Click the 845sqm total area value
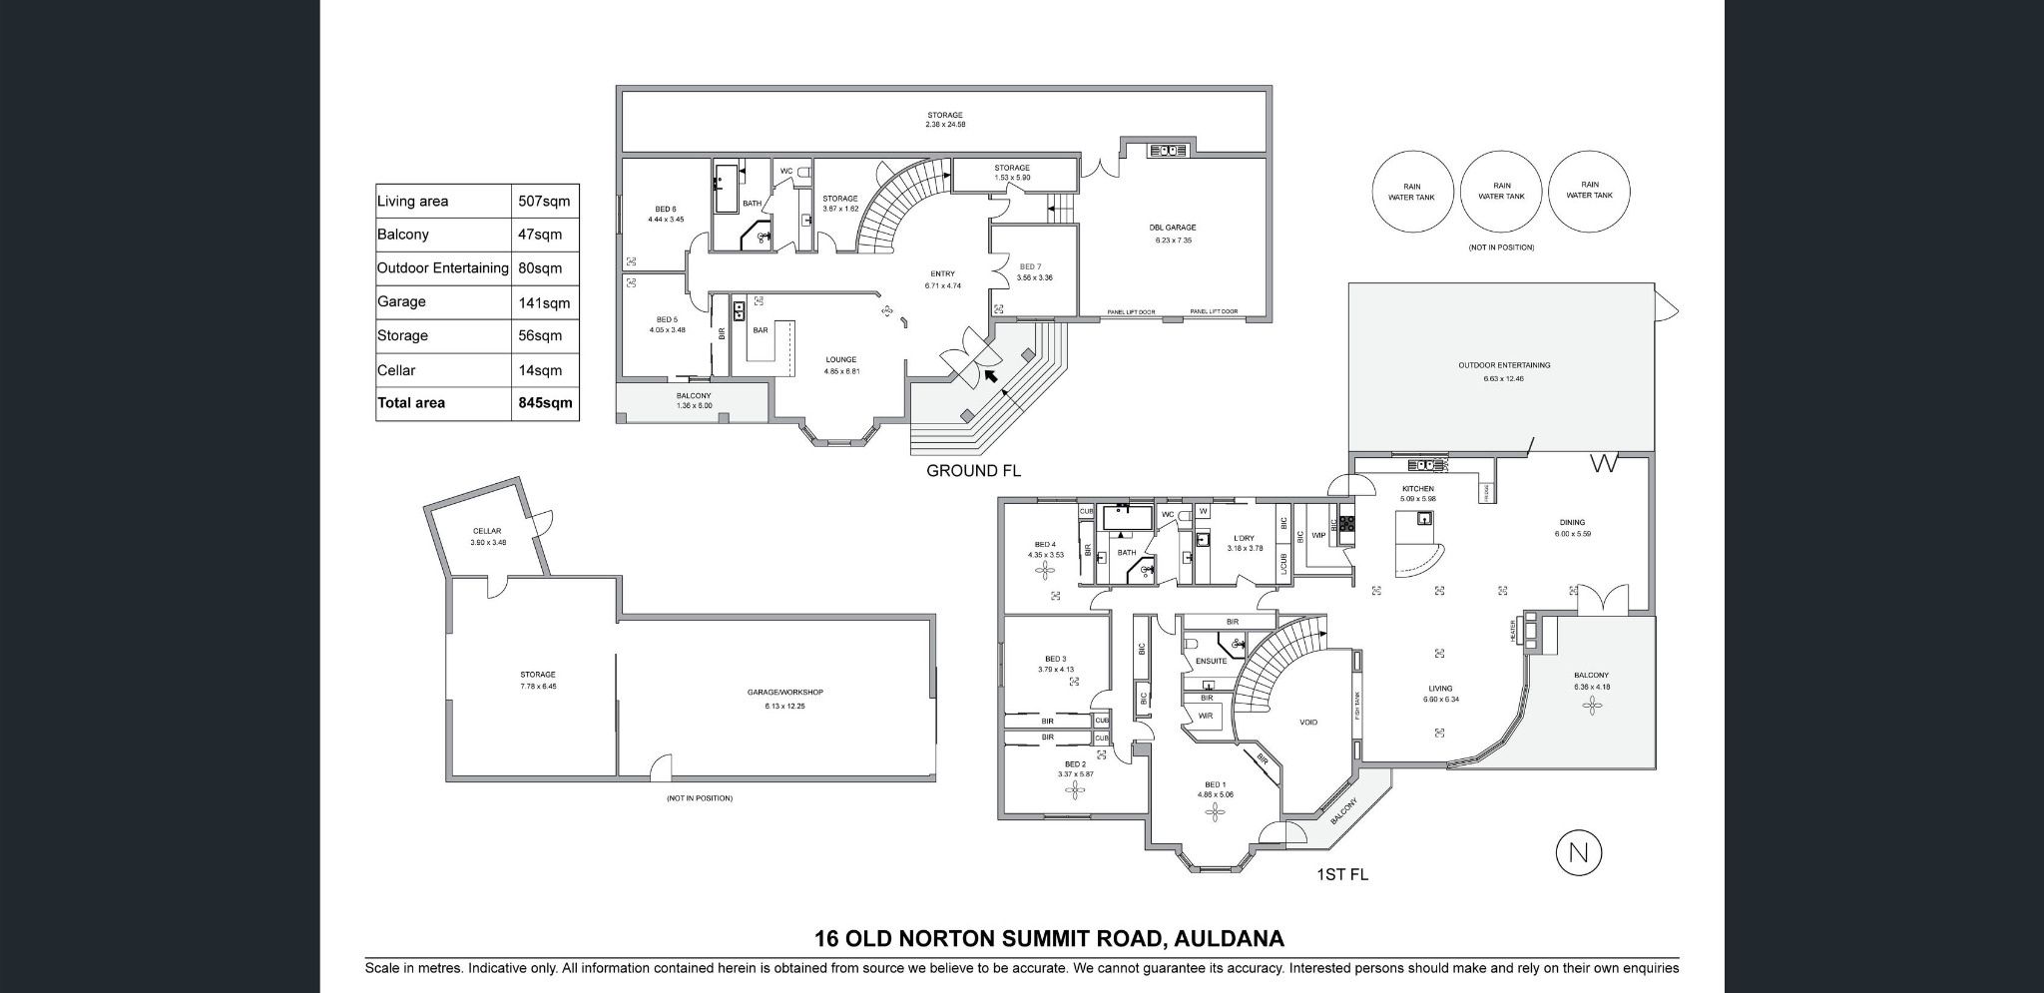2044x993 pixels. click(545, 403)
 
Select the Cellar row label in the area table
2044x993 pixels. click(396, 370)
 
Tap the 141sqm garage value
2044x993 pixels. click(544, 302)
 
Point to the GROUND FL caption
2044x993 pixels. click(973, 470)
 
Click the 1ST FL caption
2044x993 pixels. click(1342, 875)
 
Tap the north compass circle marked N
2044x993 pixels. click(1578, 853)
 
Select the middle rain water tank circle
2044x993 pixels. click(1501, 192)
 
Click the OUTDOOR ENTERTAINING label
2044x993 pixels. click(1503, 365)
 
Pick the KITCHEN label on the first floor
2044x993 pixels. click(1417, 489)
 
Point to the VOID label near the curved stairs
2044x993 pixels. click(1307, 723)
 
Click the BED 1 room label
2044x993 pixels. click(1215, 785)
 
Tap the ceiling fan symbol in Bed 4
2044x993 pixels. click(1047, 571)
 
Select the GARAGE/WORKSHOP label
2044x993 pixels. click(784, 692)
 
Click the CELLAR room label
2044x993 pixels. click(487, 531)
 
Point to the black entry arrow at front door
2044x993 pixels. click(990, 376)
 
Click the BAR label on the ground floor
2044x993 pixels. click(760, 330)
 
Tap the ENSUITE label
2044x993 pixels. click(1212, 661)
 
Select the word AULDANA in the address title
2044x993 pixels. click(1230, 939)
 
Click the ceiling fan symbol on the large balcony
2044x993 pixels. click(1591, 707)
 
